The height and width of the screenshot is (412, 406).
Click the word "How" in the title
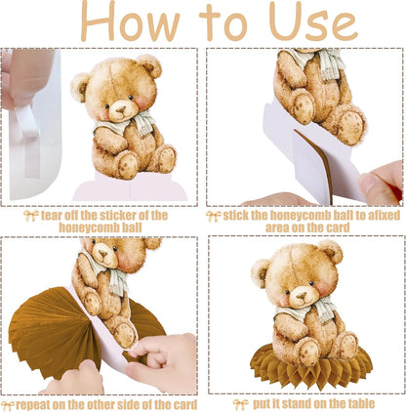[130, 21]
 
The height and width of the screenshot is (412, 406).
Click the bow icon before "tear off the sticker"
[31, 216]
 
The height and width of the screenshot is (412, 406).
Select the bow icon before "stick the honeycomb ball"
[214, 217]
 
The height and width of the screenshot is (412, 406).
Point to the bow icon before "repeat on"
[8, 406]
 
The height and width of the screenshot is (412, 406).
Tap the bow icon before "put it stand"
[240, 404]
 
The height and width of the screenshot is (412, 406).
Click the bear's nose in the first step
[121, 109]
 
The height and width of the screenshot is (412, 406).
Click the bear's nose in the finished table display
[302, 296]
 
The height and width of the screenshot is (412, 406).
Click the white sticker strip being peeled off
[27, 121]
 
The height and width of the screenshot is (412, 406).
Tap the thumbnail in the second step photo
[367, 184]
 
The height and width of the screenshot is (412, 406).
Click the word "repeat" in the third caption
[33, 405]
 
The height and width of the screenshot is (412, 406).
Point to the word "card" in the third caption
[185, 405]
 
